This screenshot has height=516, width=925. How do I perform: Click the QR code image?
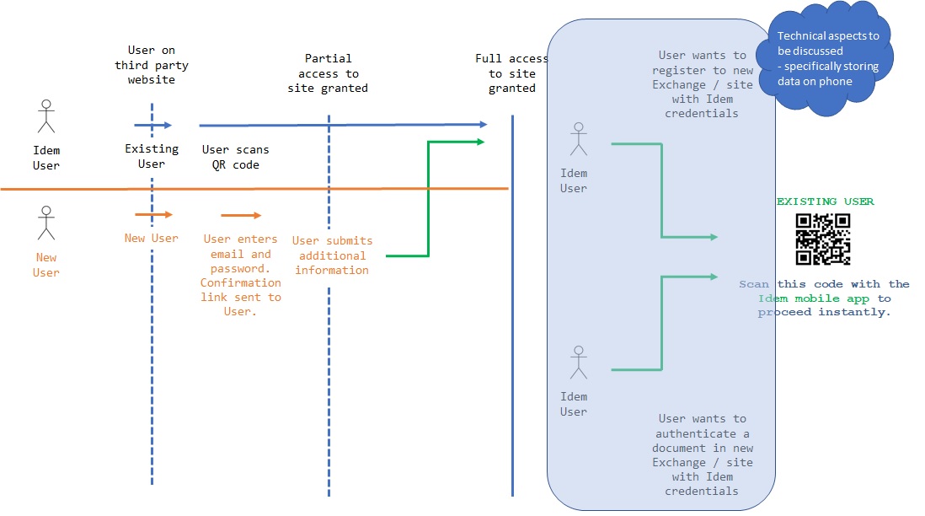click(x=823, y=239)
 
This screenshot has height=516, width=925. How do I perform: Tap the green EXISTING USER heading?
click(x=825, y=202)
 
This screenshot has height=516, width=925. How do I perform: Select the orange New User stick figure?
click(x=46, y=223)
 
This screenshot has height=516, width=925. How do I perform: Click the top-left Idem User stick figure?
click(x=46, y=116)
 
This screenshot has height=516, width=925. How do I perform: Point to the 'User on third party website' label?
click(x=152, y=65)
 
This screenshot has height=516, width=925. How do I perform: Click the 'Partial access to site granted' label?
click(x=328, y=73)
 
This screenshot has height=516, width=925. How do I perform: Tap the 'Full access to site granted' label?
click(x=511, y=73)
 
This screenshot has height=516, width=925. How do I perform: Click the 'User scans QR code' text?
click(x=236, y=157)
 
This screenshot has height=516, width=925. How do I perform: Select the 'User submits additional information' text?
click(x=332, y=255)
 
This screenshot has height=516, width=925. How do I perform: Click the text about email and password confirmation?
click(x=241, y=276)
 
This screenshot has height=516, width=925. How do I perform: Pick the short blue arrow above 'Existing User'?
click(x=152, y=125)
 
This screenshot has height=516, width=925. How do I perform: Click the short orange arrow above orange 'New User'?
click(x=153, y=215)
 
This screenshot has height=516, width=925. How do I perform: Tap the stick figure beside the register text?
click(x=577, y=139)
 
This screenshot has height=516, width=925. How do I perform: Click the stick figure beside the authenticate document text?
click(x=577, y=362)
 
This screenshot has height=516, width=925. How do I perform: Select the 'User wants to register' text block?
click(x=702, y=84)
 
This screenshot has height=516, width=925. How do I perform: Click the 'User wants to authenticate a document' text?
click(x=702, y=454)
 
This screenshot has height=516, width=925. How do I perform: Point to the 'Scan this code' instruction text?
click(x=824, y=298)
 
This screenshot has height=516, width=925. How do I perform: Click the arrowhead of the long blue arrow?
click(x=482, y=125)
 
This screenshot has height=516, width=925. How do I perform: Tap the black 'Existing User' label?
click(x=152, y=156)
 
